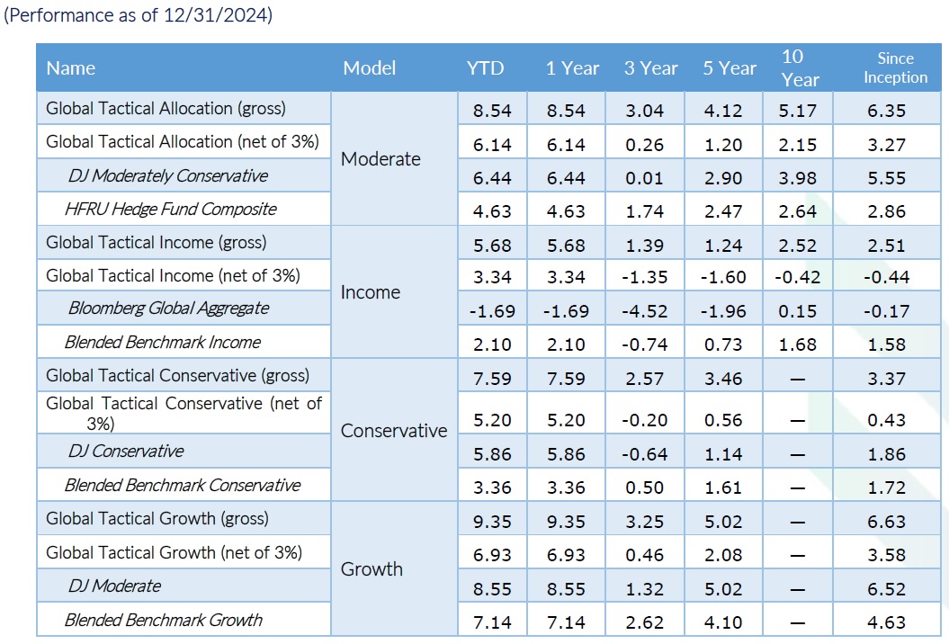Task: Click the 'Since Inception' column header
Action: click(x=895, y=67)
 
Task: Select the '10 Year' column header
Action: click(x=799, y=67)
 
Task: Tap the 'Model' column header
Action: click(x=369, y=67)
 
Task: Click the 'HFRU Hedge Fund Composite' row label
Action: click(x=171, y=209)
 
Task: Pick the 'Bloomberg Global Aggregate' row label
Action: click(x=168, y=309)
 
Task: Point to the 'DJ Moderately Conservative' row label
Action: click(x=167, y=175)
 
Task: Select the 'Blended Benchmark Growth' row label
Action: click(x=164, y=620)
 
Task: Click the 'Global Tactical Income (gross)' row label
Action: click(x=157, y=243)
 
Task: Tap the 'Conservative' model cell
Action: click(x=394, y=430)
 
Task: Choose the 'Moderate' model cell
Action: click(x=380, y=158)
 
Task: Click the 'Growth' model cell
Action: click(x=372, y=569)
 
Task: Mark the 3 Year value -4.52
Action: click(x=645, y=311)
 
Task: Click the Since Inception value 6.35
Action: click(x=887, y=111)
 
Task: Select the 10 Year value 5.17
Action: click(x=798, y=111)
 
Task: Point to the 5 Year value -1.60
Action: click(x=723, y=277)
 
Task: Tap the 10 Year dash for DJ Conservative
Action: click(x=798, y=454)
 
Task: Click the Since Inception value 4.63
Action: click(x=887, y=622)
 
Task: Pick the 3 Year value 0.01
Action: click(x=645, y=178)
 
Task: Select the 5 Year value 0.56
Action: click(x=723, y=420)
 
